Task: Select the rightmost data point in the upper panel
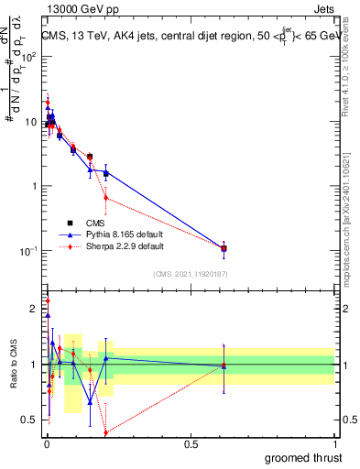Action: coord(224,248)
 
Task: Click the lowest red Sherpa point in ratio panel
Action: coord(106,432)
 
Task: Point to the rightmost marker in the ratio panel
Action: coord(224,365)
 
